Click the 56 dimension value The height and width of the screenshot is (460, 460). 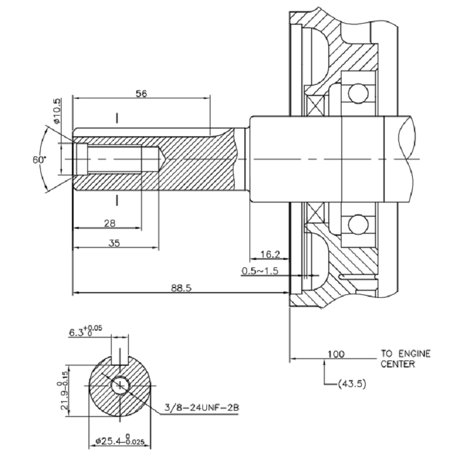[141, 94]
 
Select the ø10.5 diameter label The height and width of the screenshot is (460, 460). [56, 112]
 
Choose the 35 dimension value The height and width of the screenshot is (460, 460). [114, 243]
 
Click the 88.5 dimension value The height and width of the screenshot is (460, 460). [181, 287]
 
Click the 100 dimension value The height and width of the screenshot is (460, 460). [336, 354]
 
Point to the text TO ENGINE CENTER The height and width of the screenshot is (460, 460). [405, 359]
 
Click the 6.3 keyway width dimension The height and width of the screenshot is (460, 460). [83, 332]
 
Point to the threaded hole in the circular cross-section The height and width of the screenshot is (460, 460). [121, 386]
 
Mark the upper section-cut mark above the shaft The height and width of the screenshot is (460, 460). [117, 118]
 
